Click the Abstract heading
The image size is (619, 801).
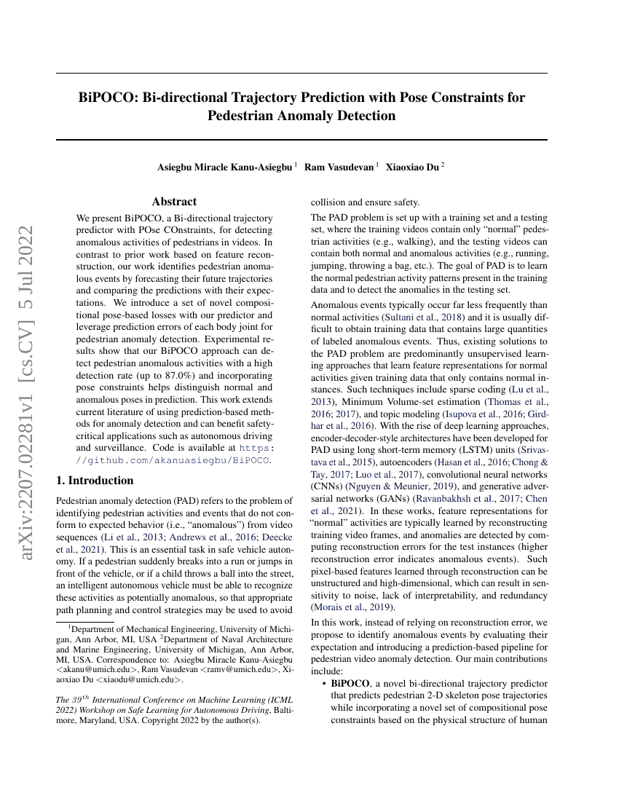point(174,202)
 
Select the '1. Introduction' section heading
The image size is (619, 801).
point(95,481)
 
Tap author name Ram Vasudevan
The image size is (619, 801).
point(338,167)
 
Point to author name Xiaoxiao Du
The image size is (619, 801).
point(412,167)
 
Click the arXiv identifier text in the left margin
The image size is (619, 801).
point(28,393)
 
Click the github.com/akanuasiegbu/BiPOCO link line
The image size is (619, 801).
point(175,460)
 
